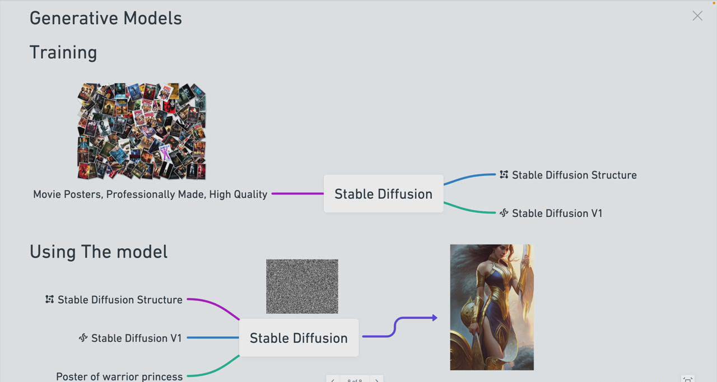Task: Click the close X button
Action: (x=697, y=16)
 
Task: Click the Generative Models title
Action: (x=105, y=18)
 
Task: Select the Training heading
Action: (x=63, y=52)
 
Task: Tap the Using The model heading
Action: (x=99, y=251)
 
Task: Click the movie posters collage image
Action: (x=142, y=132)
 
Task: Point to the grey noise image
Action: (x=302, y=286)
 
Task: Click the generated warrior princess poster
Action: (x=492, y=307)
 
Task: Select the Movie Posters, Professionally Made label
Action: (x=150, y=194)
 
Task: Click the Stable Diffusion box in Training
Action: (x=383, y=194)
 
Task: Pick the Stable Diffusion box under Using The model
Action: (x=299, y=338)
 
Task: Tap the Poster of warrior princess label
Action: (x=119, y=376)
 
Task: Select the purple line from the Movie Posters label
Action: (x=297, y=194)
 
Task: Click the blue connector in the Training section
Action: (x=469, y=177)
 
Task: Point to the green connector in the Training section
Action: (x=469, y=210)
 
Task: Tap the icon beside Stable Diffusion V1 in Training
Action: (x=504, y=213)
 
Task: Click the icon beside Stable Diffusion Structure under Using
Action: (x=50, y=300)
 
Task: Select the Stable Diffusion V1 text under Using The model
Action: (x=137, y=338)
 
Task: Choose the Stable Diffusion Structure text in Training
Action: (x=574, y=175)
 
